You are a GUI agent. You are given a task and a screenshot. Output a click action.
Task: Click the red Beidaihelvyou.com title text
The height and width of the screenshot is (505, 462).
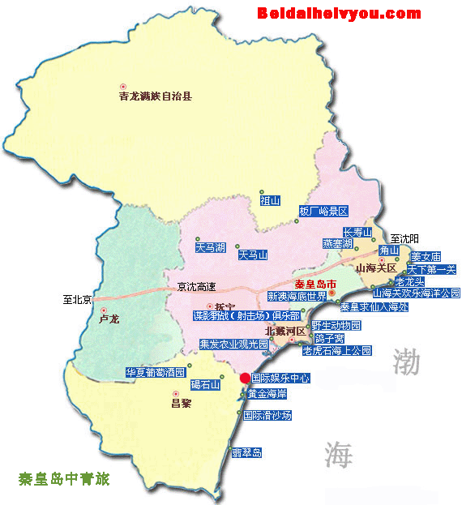[339, 13]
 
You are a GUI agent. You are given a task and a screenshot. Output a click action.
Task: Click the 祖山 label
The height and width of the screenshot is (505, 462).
[270, 199]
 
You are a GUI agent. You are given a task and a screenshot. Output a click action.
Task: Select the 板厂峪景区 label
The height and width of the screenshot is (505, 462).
[323, 211]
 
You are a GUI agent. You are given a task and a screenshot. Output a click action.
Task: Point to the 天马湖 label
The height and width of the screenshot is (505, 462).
[210, 246]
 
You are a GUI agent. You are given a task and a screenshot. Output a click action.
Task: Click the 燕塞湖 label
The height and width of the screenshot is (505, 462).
[336, 243]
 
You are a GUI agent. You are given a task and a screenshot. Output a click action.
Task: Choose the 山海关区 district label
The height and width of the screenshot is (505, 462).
[375, 268]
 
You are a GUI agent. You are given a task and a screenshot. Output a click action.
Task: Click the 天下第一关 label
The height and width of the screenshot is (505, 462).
[432, 269]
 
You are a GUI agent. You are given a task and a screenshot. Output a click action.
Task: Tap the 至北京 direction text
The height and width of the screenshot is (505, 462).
[79, 299]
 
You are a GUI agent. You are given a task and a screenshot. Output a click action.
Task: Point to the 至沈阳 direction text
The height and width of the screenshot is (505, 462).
[406, 238]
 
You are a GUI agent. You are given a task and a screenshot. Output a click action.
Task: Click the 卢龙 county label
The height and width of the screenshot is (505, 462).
[109, 319]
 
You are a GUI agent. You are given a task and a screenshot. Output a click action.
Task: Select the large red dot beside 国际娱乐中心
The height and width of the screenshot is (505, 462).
[246, 378]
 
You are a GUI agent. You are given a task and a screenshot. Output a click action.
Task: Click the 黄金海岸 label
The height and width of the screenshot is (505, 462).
[267, 394]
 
